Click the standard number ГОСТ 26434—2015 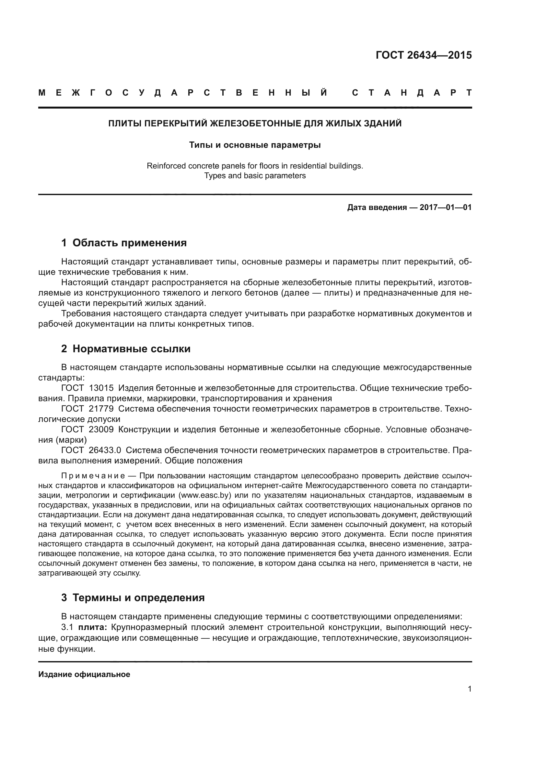424,55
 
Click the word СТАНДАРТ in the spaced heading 412,93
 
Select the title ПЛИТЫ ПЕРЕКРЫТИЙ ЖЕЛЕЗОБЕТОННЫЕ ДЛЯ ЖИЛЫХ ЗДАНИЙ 255,124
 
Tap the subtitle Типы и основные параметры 255,145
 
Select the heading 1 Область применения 124,243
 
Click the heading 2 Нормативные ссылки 126,349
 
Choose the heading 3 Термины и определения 133,598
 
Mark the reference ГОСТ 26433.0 91,450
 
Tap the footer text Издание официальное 84,674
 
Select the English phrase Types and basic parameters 255,176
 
